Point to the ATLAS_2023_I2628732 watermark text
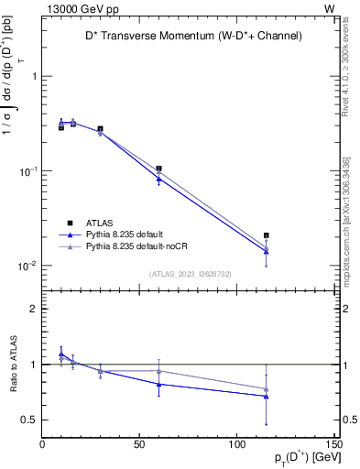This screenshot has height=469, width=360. coord(190,275)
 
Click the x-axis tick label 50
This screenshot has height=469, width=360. coord(140,446)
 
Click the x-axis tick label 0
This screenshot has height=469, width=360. coord(43,446)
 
